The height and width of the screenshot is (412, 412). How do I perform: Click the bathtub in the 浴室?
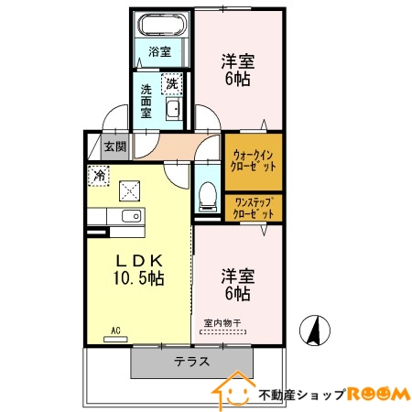pos(160,27)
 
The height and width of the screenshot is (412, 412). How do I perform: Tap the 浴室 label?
pos(159,52)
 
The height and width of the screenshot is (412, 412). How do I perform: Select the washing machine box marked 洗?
pos(172,84)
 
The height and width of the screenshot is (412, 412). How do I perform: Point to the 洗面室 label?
pos(146,103)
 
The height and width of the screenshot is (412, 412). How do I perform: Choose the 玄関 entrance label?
pos(114,146)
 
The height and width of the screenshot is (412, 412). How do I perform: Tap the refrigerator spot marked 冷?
pos(98,173)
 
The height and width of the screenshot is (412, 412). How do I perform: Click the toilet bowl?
pos(207,196)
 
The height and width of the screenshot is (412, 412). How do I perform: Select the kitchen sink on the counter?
pos(129,217)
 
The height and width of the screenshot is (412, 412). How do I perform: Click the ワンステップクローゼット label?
pos(254,207)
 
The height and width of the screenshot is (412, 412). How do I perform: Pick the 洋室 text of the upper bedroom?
pos(237,62)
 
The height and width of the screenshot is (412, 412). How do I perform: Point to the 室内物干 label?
pos(222,323)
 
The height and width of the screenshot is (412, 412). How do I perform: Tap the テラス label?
pos(191,361)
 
